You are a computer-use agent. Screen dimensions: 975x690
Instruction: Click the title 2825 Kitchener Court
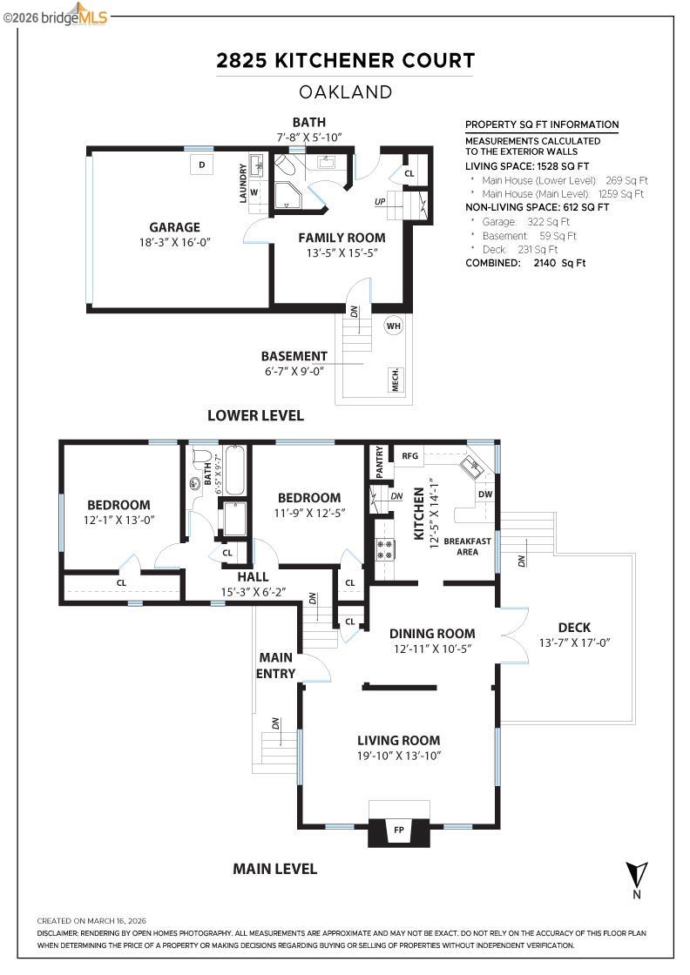pos(345,60)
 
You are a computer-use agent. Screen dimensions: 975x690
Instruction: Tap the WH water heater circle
pos(394,325)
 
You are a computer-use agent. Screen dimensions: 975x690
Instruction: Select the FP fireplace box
pos(399,830)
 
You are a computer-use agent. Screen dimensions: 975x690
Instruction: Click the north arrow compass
pos(637,873)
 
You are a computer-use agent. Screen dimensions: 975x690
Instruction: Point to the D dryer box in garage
pos(201,165)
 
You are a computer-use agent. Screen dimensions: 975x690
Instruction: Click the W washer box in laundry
pos(255,192)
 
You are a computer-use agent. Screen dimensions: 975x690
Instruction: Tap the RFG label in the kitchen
pos(410,454)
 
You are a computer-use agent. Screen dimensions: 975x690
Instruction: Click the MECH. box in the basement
pos(394,380)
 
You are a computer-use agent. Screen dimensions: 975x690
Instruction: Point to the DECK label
pos(574,627)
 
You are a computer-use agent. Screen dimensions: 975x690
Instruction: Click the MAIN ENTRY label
pos(276,665)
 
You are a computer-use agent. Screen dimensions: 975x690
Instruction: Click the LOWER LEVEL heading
pos(255,415)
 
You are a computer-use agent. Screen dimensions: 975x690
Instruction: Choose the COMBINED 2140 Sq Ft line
pos(525,262)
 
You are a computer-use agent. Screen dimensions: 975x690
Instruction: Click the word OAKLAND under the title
pos(345,91)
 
